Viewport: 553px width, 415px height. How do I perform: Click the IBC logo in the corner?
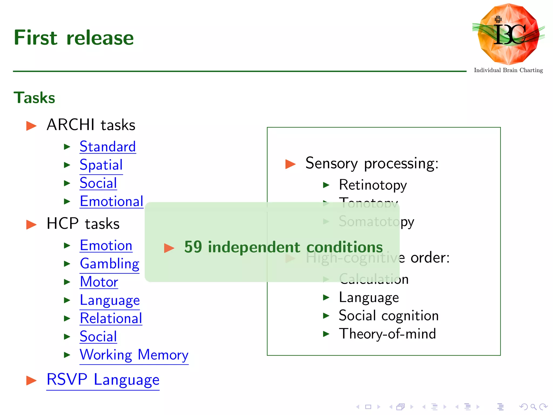pos(508,34)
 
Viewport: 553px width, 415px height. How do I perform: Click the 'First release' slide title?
pos(74,38)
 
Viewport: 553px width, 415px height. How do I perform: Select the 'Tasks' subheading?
pos(34,98)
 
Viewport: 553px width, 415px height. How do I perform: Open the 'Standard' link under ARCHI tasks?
pos(108,147)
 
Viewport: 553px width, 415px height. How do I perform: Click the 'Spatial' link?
pos(101,165)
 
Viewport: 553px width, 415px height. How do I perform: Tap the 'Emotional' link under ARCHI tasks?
pos(112,201)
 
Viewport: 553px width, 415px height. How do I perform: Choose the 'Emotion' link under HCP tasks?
pos(106,245)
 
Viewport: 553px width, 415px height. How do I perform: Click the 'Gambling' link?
pos(110,264)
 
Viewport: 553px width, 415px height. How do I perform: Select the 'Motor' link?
pos(99,282)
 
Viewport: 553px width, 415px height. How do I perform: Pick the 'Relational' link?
pos(111,318)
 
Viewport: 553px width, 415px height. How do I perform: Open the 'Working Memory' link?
pos(134,355)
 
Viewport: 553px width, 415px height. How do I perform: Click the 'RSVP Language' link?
pos(103,380)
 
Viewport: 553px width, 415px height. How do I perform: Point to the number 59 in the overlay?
pos(193,247)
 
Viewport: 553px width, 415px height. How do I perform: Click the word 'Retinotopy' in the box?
pos(373,185)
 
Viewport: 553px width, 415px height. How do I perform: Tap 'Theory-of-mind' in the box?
pos(387,334)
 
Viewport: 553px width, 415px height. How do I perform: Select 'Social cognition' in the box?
pos(389,316)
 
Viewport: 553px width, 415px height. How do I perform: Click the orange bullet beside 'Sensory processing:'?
pos(290,164)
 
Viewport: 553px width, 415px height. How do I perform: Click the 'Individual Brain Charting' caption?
pos(508,70)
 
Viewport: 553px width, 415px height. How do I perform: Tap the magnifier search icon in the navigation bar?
pos(533,407)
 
